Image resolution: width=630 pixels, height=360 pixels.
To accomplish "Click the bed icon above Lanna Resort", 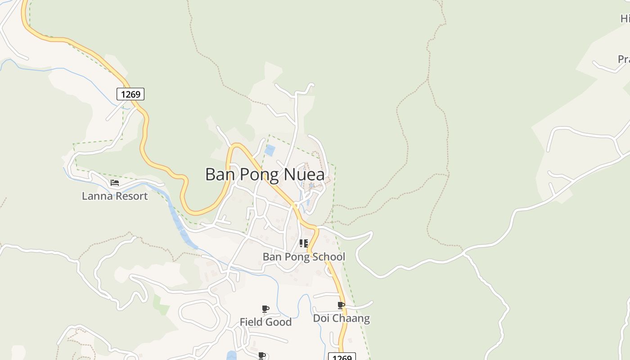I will pyautogui.click(x=115, y=183).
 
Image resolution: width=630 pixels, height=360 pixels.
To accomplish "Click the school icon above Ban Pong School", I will pyautogui.click(x=304, y=243).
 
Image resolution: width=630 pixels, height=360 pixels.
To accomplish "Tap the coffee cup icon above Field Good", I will pyautogui.click(x=265, y=309).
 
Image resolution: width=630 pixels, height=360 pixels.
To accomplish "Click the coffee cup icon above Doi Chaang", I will pyautogui.click(x=341, y=306).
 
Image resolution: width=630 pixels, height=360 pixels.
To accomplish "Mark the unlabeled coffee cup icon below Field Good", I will pyautogui.click(x=262, y=355).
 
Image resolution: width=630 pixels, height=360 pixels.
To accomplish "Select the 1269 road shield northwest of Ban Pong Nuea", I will pyautogui.click(x=130, y=94).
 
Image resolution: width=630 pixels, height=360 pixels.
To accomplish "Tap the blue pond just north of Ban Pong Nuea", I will pyautogui.click(x=270, y=150).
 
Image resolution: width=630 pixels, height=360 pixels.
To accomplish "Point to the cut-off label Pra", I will pyautogui.click(x=624, y=59).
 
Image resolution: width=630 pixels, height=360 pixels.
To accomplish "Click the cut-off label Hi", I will pyautogui.click(x=625, y=18).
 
